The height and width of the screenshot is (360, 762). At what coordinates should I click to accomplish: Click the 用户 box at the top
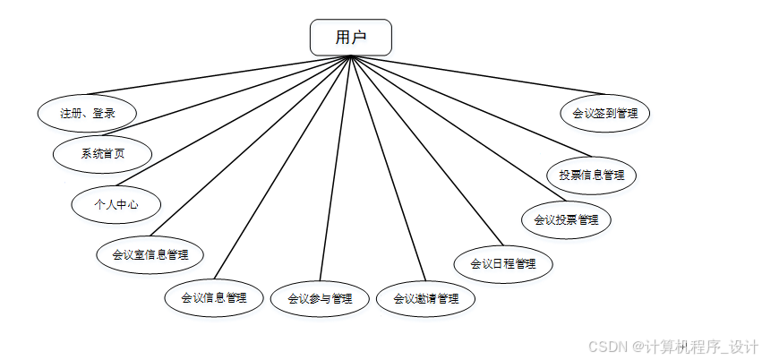click(x=350, y=38)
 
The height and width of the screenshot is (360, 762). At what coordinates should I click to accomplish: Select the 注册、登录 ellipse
click(x=88, y=113)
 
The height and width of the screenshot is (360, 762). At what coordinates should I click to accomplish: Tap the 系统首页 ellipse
click(x=102, y=153)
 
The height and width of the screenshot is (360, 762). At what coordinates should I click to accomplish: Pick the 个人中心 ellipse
click(x=116, y=203)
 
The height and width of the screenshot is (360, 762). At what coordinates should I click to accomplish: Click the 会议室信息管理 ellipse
click(x=150, y=253)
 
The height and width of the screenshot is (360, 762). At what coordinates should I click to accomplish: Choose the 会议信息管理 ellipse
click(x=214, y=297)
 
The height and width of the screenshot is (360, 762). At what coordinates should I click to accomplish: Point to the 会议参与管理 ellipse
click(x=320, y=299)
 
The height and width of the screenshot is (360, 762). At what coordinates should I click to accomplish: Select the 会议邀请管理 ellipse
click(x=425, y=299)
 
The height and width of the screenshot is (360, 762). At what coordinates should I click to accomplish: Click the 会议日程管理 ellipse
click(x=502, y=263)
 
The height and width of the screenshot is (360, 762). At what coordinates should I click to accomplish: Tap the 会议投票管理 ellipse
click(x=566, y=219)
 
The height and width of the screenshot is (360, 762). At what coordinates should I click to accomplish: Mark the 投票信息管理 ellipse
click(x=592, y=175)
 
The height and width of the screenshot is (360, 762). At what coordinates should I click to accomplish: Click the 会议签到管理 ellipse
click(x=604, y=114)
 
